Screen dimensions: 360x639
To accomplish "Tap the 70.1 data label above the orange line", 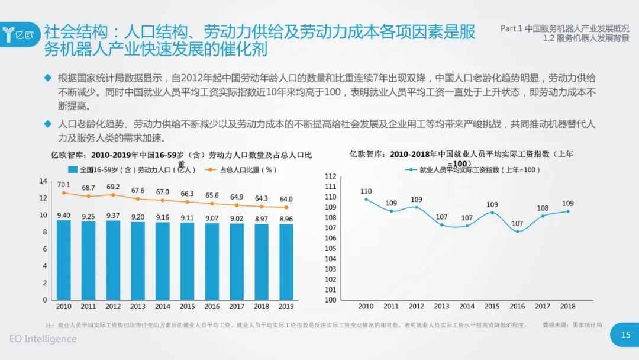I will tap(63, 184).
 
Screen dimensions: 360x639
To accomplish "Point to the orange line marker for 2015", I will tap(188, 201).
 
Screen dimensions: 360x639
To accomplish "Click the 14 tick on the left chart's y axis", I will tap(43, 181).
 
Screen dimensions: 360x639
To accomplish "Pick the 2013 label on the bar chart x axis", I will tap(137, 307).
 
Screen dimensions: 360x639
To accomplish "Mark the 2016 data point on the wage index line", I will tap(518, 231).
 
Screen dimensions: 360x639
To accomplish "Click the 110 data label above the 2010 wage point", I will tap(366, 191).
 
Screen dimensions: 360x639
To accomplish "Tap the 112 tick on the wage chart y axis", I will tap(330, 176).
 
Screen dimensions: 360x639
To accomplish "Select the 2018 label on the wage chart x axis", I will tap(567, 306).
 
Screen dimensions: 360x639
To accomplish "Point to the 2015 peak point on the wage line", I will tap(492, 212).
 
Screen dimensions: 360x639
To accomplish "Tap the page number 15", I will tap(625, 335).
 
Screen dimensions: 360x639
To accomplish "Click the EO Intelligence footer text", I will tap(43, 339).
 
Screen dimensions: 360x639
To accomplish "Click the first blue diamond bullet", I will tap(48, 78).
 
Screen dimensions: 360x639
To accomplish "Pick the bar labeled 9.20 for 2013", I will tap(137, 261).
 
